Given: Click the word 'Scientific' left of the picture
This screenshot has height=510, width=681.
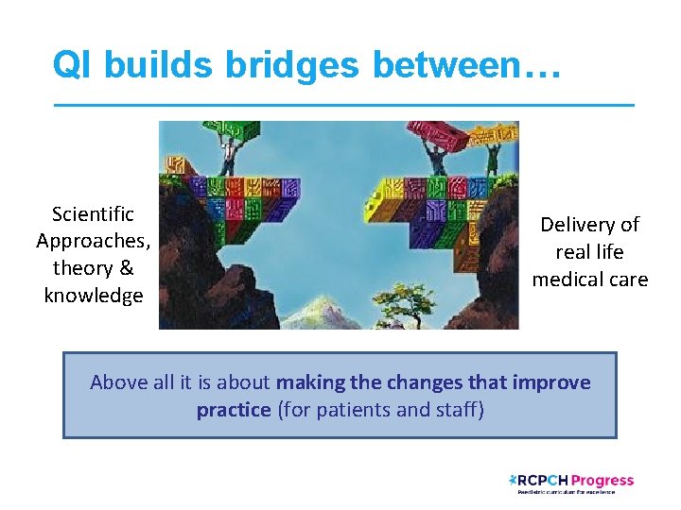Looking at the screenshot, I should pos(93,214).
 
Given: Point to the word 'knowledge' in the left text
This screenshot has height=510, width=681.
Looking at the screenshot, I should pos(93,296).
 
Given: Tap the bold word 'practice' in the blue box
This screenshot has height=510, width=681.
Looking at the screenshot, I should pos(233,410).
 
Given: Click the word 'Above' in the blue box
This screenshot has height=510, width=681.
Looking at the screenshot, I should pos(119,382).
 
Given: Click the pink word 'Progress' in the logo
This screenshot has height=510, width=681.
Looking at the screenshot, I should pos(602,481).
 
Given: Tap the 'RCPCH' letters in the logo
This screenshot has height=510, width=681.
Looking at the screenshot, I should pos(542,481).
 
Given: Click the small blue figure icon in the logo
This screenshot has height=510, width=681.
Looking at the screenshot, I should pos(512,480).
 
